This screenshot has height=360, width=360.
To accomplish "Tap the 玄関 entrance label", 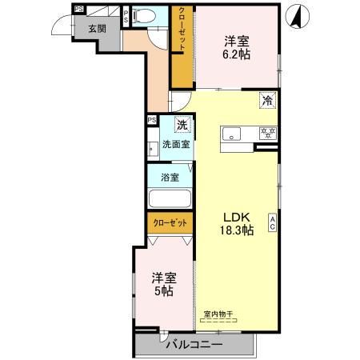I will click(x=97, y=28).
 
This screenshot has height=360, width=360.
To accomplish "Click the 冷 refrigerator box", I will click(x=269, y=100).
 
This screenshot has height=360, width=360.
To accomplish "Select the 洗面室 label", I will click(x=176, y=145).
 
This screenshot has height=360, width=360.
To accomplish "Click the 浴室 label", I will click(x=169, y=177).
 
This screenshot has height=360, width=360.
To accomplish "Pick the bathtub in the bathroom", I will click(x=170, y=201).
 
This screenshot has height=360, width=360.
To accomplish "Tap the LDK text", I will click(x=237, y=216).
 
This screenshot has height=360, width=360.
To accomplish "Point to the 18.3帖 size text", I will click(x=237, y=230).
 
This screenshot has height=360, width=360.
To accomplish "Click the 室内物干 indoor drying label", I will click(x=218, y=314).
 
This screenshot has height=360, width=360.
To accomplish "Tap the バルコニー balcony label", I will click(x=194, y=345).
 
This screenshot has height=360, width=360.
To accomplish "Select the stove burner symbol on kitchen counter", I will click(x=267, y=133).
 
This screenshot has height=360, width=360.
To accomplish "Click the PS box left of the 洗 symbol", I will click(x=152, y=121).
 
